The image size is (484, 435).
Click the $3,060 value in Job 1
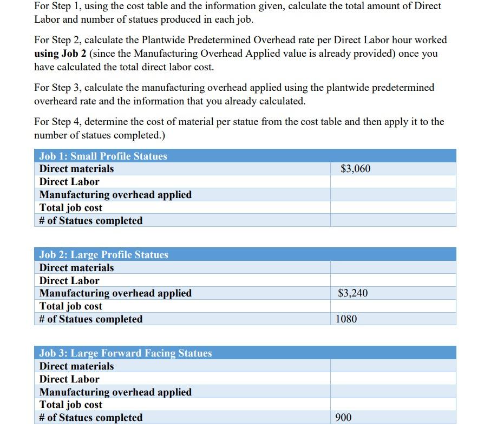[355, 169]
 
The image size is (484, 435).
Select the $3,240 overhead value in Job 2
[352, 293]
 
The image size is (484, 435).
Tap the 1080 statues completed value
[346, 319]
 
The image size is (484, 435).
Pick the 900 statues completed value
[344, 418]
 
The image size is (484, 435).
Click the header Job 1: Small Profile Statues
[103, 156]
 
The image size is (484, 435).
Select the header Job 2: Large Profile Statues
[104, 255]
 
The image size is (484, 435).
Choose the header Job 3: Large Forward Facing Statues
[126, 353]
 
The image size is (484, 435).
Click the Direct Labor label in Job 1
[69, 182]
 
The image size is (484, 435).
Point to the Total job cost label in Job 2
[71, 306]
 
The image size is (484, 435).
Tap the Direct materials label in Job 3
[77, 366]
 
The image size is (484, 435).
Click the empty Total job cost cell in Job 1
[393, 208]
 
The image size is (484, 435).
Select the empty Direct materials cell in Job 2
[393, 268]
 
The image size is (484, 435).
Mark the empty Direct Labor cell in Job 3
[393, 379]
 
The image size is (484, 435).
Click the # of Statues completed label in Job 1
[91, 221]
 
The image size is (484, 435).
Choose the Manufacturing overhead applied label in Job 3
[115, 392]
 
